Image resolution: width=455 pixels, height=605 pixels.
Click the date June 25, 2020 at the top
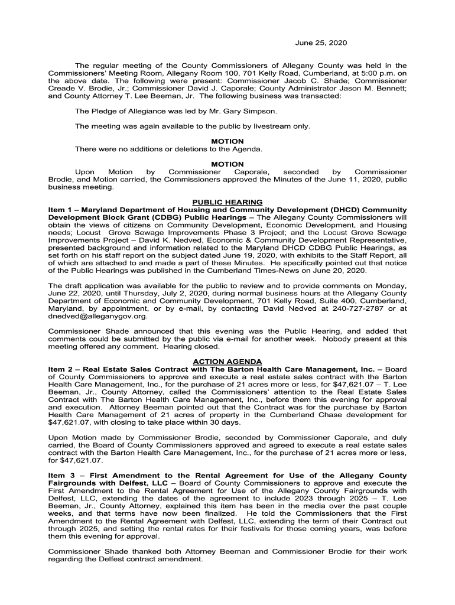pos(321,43)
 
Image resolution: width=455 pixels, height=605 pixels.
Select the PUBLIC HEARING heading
pos(227,202)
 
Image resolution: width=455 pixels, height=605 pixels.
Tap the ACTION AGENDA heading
pos(227,362)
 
